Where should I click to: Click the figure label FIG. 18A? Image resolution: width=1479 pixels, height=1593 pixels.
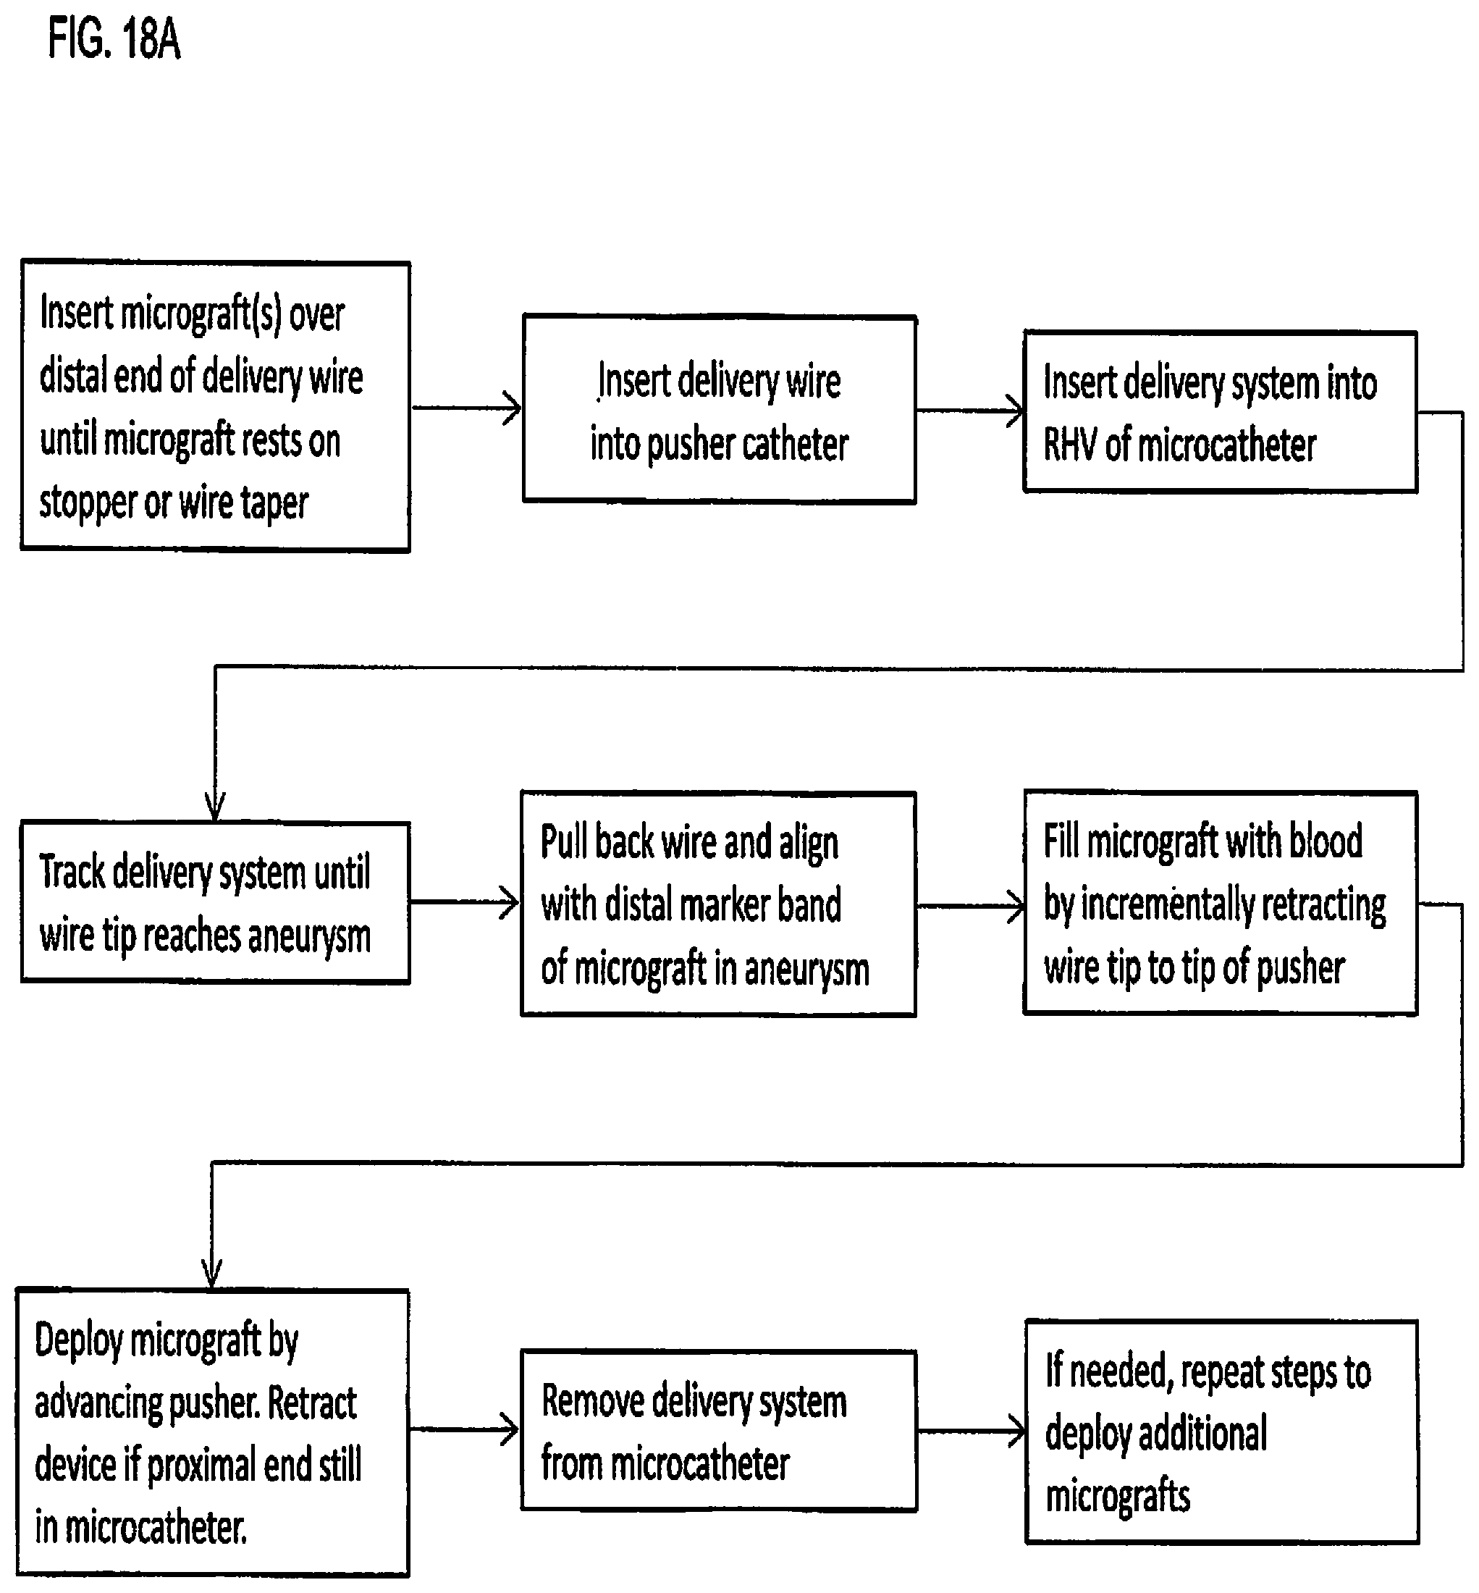click(x=114, y=39)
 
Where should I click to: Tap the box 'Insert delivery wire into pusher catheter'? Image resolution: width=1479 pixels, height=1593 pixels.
click(x=719, y=409)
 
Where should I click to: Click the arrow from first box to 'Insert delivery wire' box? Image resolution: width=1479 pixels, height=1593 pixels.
click(x=467, y=408)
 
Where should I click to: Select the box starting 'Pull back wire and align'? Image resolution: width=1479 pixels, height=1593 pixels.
click(x=718, y=904)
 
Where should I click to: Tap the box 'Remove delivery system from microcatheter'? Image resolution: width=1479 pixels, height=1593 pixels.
click(x=719, y=1431)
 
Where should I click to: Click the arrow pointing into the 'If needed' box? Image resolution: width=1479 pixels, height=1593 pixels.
click(x=972, y=1432)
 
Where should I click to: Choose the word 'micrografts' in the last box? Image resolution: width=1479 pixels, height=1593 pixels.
click(x=1117, y=1496)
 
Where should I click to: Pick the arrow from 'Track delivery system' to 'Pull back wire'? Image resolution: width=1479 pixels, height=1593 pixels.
click(x=465, y=902)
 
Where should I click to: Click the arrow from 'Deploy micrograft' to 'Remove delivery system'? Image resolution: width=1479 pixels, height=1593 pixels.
click(x=464, y=1429)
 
